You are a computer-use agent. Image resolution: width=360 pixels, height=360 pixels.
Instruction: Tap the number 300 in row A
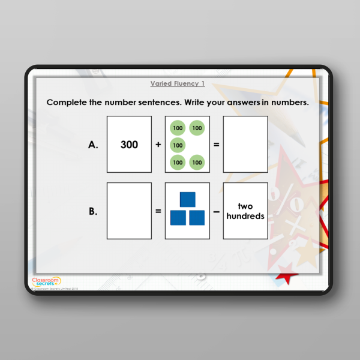coord(129,145)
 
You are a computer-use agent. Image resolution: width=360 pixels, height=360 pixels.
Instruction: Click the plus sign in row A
coord(158,145)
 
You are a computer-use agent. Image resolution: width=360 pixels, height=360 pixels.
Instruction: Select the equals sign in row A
coord(217,145)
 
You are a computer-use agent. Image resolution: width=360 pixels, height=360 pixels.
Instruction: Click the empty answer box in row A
coord(245,145)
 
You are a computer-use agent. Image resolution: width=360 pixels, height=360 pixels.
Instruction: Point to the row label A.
coord(93,145)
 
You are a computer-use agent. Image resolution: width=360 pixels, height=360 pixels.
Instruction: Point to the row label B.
coord(93,211)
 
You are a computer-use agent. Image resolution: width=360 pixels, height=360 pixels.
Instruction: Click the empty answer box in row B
coord(129,211)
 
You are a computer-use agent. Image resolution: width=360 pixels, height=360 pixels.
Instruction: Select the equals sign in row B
coord(158,211)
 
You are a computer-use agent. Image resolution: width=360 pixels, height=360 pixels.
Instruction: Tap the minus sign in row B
coord(217,211)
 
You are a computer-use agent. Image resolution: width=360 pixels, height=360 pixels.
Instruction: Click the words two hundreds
coord(245,211)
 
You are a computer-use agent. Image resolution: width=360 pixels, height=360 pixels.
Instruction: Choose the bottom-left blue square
coord(178,218)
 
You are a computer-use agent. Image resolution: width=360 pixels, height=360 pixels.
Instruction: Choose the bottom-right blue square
coord(197,218)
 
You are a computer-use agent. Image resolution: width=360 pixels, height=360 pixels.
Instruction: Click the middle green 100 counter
coord(178,145)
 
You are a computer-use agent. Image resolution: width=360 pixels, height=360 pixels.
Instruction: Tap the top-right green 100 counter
coord(196,128)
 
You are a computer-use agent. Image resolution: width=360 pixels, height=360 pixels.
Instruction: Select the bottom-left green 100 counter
coord(178,162)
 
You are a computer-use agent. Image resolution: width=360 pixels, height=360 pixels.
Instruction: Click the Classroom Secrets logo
coord(46,281)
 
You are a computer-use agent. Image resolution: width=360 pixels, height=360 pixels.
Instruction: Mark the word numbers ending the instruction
coord(289,103)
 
